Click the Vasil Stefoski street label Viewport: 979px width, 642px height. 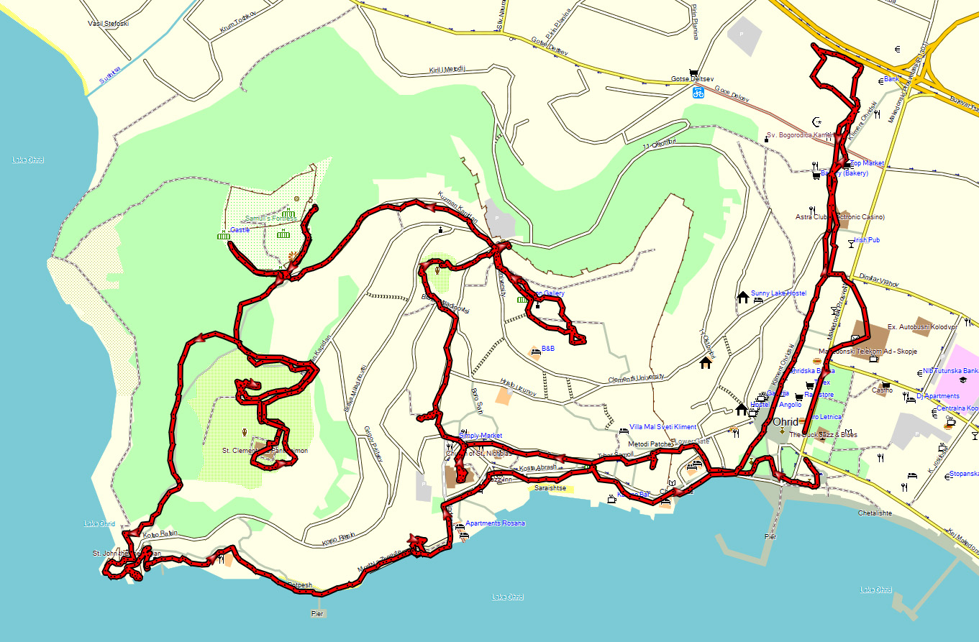(108, 23)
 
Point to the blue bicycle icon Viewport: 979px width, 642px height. (698, 93)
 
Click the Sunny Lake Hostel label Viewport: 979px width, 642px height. (778, 293)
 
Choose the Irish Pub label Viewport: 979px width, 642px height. (867, 240)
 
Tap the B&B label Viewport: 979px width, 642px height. (548, 349)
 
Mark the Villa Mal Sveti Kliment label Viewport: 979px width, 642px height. (662, 427)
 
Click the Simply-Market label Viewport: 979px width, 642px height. (480, 436)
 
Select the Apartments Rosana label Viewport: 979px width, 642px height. (495, 523)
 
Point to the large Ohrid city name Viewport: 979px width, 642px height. (786, 422)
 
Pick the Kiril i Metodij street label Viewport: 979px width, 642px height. (447, 70)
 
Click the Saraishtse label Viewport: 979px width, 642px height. (550, 488)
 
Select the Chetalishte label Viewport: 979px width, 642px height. (875, 513)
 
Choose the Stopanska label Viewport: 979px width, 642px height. (964, 474)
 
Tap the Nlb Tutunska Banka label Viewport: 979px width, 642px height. (951, 372)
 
